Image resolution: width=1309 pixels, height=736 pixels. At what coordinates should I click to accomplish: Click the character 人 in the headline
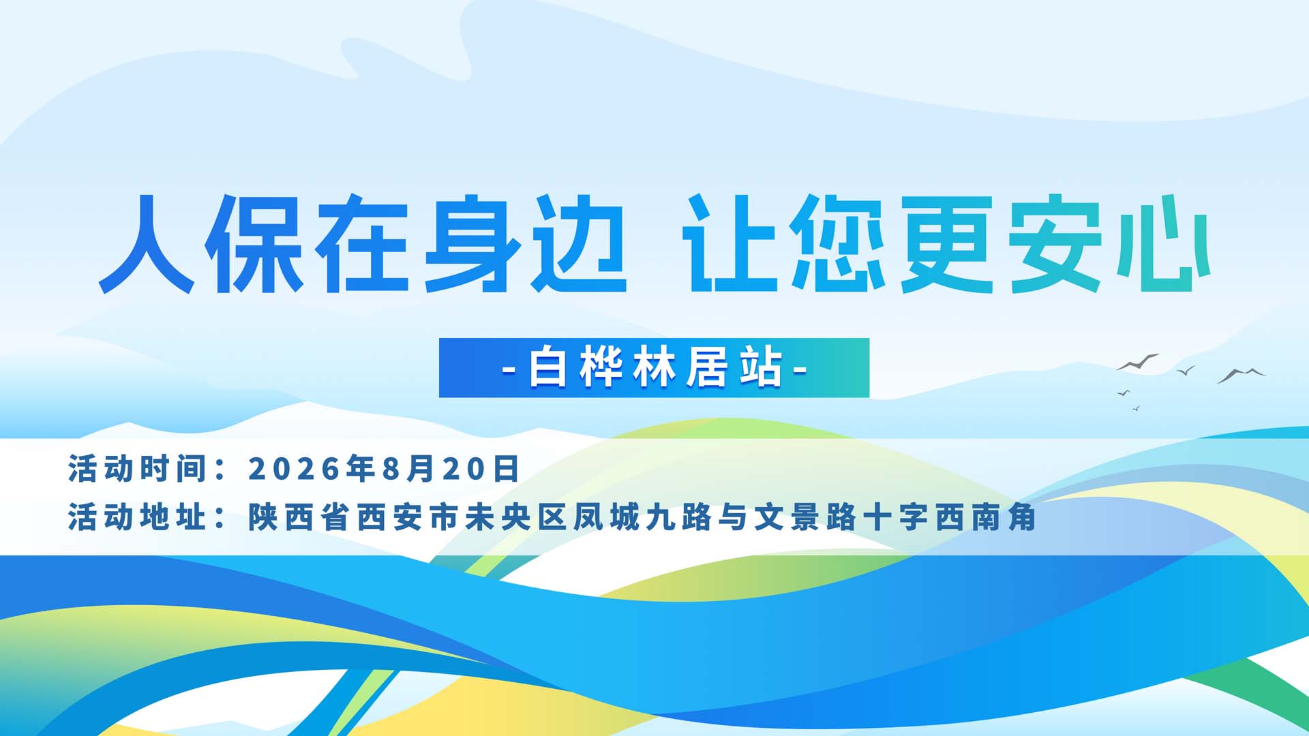click(x=147, y=244)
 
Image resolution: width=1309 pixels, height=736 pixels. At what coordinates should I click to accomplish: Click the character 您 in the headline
click(x=838, y=244)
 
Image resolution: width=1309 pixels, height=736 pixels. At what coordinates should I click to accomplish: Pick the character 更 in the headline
click(x=947, y=244)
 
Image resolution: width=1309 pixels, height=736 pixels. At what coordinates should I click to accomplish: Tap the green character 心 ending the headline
click(x=1163, y=244)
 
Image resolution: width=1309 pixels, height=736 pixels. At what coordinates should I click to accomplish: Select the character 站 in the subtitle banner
click(x=761, y=368)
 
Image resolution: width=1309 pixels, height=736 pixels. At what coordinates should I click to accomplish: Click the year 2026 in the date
click(x=294, y=469)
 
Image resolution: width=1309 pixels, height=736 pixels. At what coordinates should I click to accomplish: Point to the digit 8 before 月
click(x=390, y=469)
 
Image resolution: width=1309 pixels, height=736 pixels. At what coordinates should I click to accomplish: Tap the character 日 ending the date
click(x=507, y=469)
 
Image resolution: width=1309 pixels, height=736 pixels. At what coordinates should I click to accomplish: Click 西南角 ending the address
click(x=986, y=517)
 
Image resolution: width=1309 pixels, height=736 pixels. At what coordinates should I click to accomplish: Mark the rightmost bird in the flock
click(x=1242, y=375)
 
